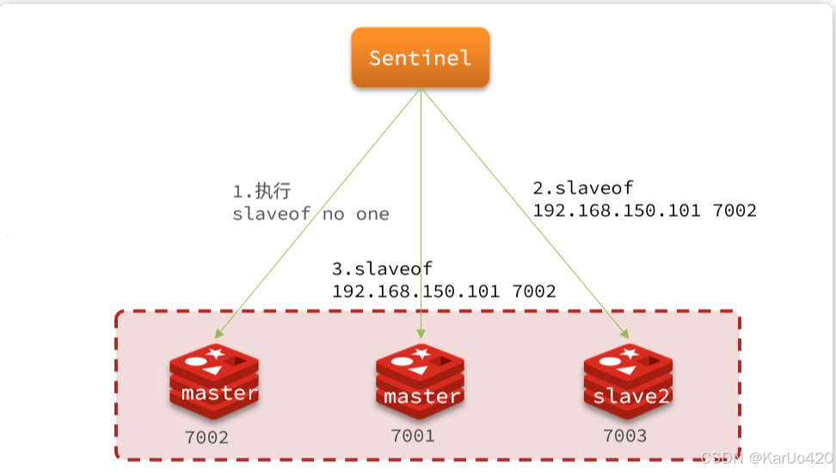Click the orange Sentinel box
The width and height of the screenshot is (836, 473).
pyautogui.click(x=421, y=58)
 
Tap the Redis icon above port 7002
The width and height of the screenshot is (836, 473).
pyautogui.click(x=213, y=379)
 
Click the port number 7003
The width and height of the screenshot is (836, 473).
pyautogui.click(x=624, y=436)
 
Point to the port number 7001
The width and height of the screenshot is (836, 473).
pyautogui.click(x=413, y=436)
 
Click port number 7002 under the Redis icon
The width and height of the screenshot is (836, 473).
pyautogui.click(x=206, y=438)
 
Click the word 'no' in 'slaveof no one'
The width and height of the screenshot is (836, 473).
pyautogui.click(x=335, y=214)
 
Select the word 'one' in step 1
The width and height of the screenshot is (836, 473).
pyautogui.click(x=372, y=214)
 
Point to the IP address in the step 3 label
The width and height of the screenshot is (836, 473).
pyautogui.click(x=415, y=292)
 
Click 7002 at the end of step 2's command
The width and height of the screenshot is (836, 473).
pyautogui.click(x=735, y=210)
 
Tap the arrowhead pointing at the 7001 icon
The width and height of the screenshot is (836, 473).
pyautogui.click(x=421, y=334)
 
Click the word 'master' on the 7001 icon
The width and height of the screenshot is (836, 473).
pyautogui.click(x=421, y=396)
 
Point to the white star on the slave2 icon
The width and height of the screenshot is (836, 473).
pyautogui.click(x=630, y=353)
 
